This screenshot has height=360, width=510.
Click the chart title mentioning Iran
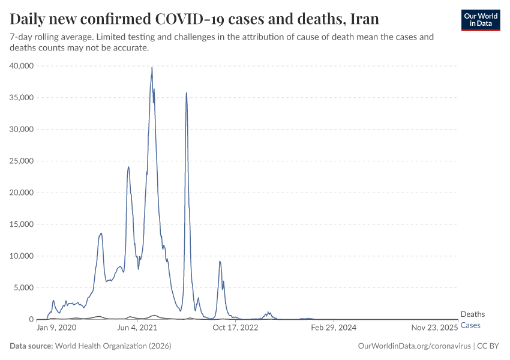pos(194,19)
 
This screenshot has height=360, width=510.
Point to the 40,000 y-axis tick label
pos(22,66)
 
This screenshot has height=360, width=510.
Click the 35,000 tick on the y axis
pos(22,98)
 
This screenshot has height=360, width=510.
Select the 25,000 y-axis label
pos(22,161)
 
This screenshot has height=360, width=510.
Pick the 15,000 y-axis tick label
pos(22,224)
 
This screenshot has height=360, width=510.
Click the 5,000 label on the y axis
pos(24,287)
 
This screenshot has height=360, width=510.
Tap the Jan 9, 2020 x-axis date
pos(56,328)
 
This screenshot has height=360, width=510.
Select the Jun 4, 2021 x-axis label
pos(137,328)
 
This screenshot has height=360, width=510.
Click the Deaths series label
pos(472,314)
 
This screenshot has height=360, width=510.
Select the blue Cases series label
pos(470,325)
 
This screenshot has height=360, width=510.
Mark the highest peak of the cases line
pos(152,67)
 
